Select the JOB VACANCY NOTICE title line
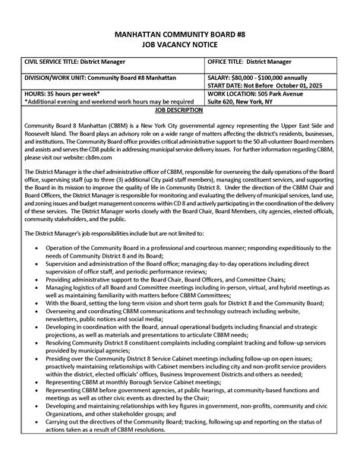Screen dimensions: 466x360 (x=180, y=46)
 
